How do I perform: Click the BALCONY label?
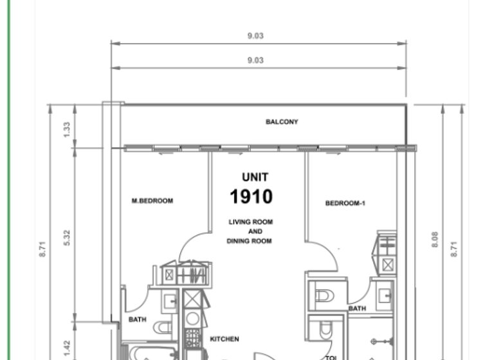point(282,122)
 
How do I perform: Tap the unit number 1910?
point(251,196)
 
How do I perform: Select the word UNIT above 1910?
point(255,177)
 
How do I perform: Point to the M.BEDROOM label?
point(152,201)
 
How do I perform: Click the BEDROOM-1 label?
point(345,203)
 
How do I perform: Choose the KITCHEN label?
point(224,339)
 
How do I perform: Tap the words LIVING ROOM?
point(250,222)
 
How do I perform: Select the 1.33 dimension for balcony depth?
point(66,129)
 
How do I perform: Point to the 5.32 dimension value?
point(66,238)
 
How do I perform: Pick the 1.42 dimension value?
point(66,348)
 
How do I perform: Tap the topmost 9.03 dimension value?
point(255,36)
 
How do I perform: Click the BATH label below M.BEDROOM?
point(136,319)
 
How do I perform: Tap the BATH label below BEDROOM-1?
point(357,309)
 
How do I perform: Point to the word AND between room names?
point(255,231)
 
